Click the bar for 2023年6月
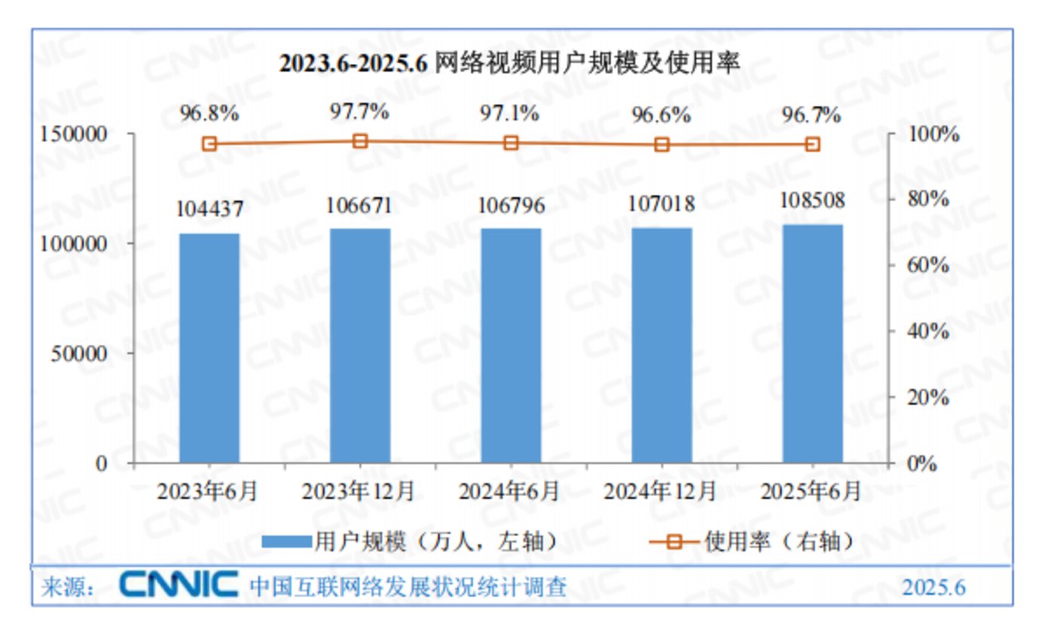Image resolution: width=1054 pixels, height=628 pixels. pyautogui.click(x=209, y=348)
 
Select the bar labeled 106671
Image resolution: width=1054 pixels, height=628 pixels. pyautogui.click(x=360, y=346)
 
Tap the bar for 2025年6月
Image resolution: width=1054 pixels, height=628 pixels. pyautogui.click(x=812, y=343)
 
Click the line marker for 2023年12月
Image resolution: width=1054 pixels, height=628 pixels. pyautogui.click(x=360, y=141)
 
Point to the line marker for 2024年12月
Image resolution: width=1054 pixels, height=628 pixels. pyautogui.click(x=661, y=145)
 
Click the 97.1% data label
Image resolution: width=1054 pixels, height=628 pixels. pyautogui.click(x=510, y=114)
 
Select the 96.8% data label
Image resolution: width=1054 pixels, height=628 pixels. pyautogui.click(x=209, y=114)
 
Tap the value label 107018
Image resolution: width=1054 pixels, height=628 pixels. pyautogui.click(x=661, y=203)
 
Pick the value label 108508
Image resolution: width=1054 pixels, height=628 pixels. pyautogui.click(x=812, y=201)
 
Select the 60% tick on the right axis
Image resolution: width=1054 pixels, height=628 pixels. pyautogui.click(x=926, y=266)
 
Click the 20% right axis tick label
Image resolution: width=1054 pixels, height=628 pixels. pyautogui.click(x=926, y=398)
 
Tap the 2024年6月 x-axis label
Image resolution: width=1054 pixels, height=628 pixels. pyautogui.click(x=510, y=492)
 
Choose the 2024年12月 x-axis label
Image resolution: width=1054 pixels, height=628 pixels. pyautogui.click(x=661, y=492)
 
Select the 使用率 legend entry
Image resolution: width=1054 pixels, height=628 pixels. pyautogui.click(x=753, y=541)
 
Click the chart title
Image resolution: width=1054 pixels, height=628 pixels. pyautogui.click(x=510, y=63)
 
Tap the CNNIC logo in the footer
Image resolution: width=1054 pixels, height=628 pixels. pyautogui.click(x=179, y=585)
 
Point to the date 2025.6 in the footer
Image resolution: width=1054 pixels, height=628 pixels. pyautogui.click(x=934, y=587)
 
